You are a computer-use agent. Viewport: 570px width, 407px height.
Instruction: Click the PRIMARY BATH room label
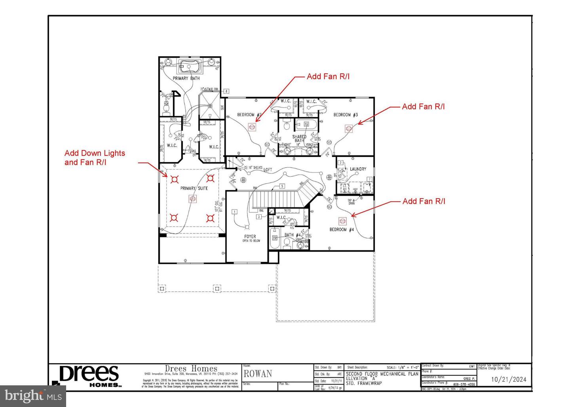[x=186, y=78]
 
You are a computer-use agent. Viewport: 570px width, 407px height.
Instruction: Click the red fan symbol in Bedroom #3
[x=349, y=129]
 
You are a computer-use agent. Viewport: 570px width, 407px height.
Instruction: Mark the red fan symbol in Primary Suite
[x=193, y=199]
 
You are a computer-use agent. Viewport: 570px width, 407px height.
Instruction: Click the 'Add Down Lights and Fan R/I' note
[x=95, y=158]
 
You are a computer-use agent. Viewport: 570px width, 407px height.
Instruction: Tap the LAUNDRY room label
[x=358, y=169]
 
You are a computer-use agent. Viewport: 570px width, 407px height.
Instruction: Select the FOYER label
[x=250, y=237]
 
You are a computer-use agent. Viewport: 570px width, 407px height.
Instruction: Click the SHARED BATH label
[x=299, y=138]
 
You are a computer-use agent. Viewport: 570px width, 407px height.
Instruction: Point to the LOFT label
[x=268, y=170]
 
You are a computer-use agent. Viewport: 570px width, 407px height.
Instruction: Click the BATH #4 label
[x=293, y=235]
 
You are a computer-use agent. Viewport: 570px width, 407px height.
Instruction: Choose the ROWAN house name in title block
[x=258, y=374]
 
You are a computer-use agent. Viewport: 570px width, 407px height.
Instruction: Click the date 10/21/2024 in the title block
[x=509, y=379]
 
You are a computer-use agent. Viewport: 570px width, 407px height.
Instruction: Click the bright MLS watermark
[x=33, y=396]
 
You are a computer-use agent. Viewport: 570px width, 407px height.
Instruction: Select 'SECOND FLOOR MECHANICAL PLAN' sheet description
[x=382, y=373]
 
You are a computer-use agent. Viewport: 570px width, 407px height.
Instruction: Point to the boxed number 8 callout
[x=226, y=91]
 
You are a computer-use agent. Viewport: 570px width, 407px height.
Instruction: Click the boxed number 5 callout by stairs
[x=282, y=186]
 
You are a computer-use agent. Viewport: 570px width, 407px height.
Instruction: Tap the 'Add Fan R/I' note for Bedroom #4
[x=424, y=201]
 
